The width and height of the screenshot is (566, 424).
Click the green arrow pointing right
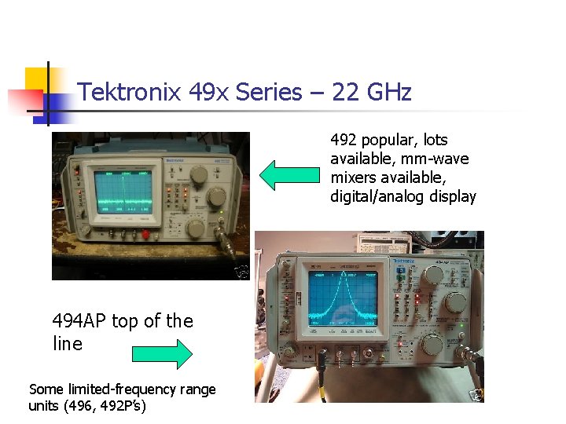161,354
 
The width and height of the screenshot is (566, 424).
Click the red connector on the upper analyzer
145,235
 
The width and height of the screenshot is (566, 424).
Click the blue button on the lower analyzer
399,271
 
